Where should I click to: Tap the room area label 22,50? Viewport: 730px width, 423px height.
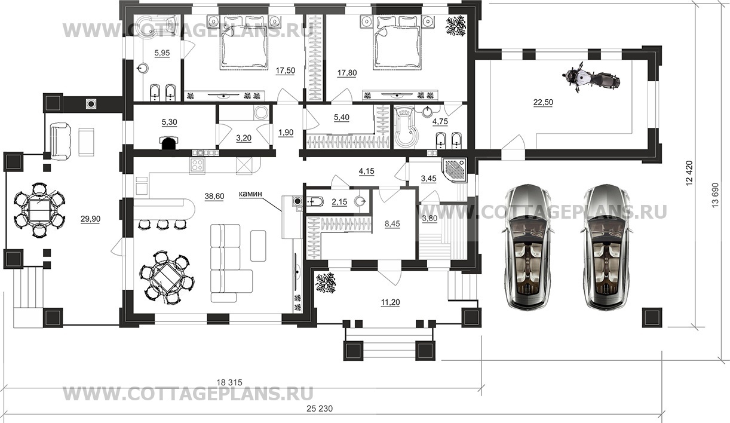[x=543, y=102]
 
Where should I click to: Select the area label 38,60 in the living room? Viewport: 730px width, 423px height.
[x=214, y=196]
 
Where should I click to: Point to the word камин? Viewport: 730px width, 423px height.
[x=251, y=194]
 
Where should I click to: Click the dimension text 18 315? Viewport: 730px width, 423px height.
[x=229, y=382]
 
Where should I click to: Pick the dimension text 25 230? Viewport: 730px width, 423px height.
[x=320, y=408]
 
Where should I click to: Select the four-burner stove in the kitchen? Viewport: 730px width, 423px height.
[x=197, y=166]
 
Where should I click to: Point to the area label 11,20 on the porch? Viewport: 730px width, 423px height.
[x=390, y=302]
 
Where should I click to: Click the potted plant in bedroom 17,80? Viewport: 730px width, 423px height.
[x=456, y=26]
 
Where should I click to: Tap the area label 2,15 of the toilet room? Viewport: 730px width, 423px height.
[x=339, y=202]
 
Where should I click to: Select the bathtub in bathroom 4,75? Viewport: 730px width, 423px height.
[x=406, y=128]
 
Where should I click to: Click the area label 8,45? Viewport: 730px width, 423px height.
[x=392, y=224]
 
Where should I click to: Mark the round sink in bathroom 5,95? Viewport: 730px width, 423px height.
[x=143, y=69]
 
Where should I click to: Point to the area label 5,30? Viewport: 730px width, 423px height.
[x=169, y=122]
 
